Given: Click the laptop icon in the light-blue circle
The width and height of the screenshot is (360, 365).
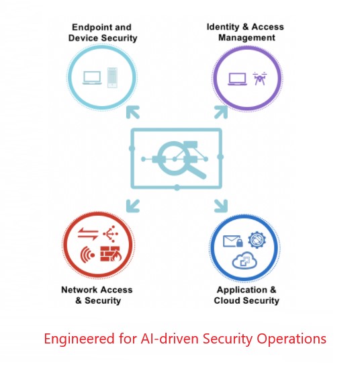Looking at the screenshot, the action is click(92, 78).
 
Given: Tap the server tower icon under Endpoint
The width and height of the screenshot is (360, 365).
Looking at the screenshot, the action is click(112, 77).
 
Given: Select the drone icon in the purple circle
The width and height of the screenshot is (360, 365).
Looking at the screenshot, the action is click(259, 78).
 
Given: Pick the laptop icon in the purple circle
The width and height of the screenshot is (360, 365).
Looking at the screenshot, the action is click(237, 79).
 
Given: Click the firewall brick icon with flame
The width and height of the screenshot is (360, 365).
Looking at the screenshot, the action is click(111, 253).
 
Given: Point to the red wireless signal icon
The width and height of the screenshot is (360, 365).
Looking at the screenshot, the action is click(87, 255).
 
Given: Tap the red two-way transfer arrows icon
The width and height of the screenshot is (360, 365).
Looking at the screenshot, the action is click(88, 234).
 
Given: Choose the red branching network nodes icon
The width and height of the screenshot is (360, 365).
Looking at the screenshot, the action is click(111, 233).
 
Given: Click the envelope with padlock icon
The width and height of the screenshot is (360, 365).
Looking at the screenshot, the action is click(233, 241).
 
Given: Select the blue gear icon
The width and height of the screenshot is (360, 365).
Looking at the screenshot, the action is click(257, 240).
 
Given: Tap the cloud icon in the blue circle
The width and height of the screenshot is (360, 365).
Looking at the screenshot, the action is click(244, 260).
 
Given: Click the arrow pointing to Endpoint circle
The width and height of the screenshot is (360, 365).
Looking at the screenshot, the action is click(132, 112).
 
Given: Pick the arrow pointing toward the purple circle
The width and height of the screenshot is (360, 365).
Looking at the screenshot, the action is click(221, 112).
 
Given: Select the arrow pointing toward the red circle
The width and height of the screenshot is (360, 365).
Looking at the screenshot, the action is click(132, 206).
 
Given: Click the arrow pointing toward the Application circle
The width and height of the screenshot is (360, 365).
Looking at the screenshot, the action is click(221, 206).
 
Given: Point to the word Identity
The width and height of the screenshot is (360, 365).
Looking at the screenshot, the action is click(223, 27).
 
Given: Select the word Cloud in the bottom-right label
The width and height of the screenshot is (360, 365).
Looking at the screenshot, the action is click(227, 300).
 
